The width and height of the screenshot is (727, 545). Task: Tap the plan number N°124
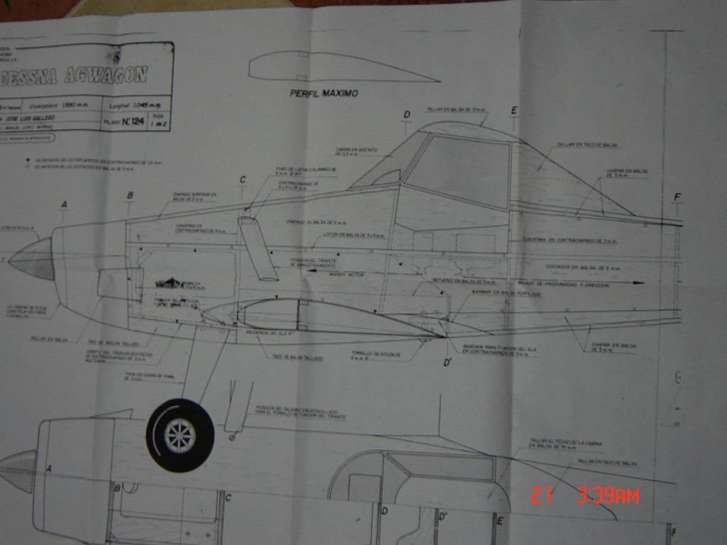tap(133, 122)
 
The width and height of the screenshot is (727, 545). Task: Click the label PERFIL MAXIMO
tap(323, 93)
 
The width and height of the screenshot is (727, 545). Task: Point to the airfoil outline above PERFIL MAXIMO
tap(334, 67)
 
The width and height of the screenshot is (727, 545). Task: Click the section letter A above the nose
tap(65, 204)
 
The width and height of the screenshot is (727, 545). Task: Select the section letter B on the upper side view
tap(130, 195)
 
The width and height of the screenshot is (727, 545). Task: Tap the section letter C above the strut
tap(242, 180)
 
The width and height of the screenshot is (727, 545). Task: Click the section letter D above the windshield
tap(407, 115)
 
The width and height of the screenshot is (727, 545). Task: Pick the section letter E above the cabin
tap(514, 110)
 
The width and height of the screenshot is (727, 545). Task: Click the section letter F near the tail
tap(677, 197)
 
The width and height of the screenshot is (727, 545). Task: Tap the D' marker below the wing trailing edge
tap(448, 363)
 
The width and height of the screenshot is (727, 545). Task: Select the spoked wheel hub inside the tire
tap(180, 435)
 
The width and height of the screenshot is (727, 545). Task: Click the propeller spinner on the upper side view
tap(32, 260)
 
